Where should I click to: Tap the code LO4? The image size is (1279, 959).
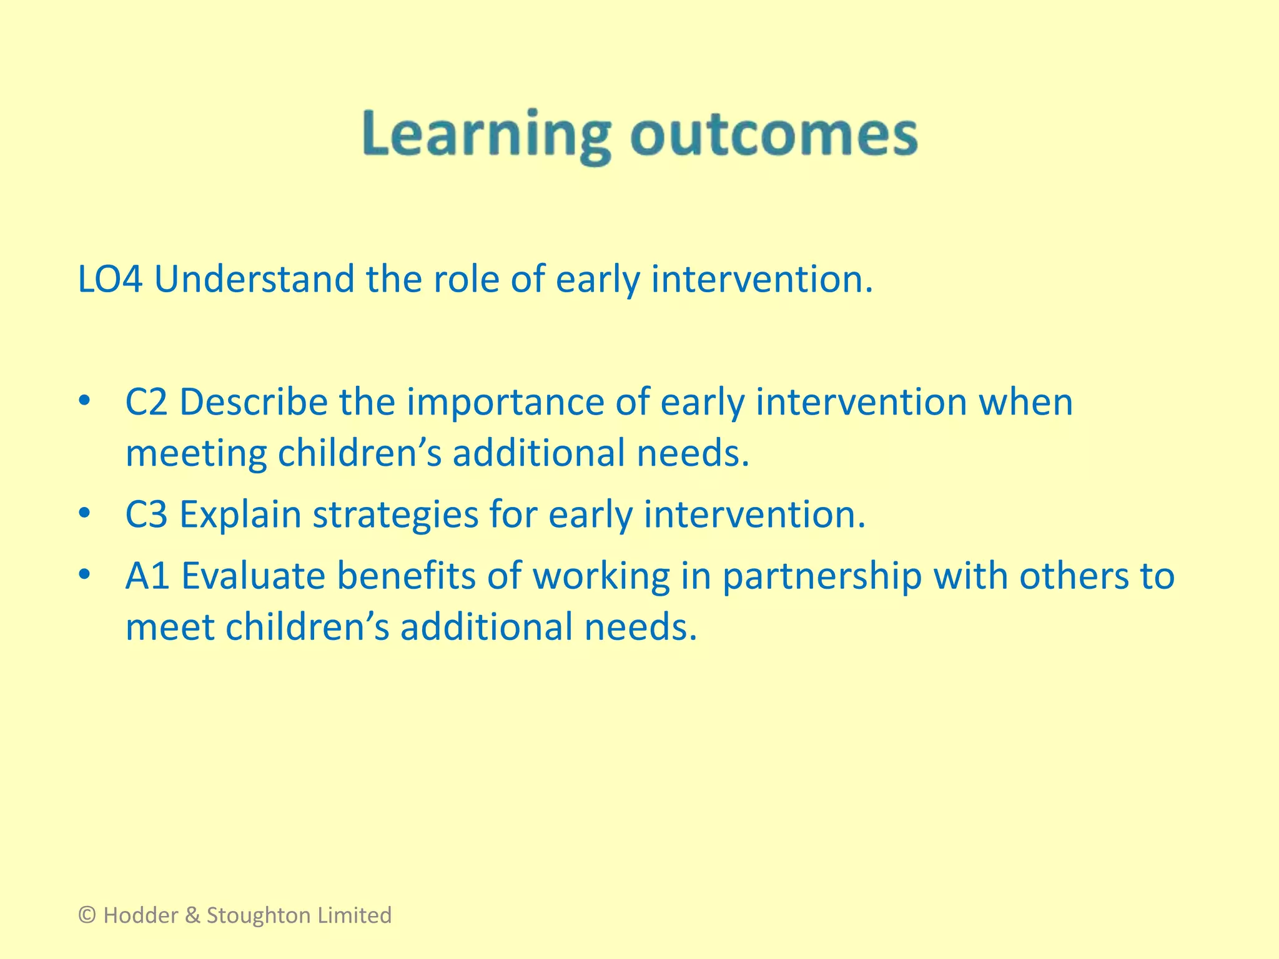pos(110,279)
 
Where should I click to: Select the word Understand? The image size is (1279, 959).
pos(254,279)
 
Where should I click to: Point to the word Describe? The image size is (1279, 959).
pos(254,402)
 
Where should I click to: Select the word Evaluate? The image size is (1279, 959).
pos(253,576)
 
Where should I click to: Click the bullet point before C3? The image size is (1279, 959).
pos(85,514)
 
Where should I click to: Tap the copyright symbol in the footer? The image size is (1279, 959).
pos(87,915)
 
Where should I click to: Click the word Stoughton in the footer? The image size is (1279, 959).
pos(257,915)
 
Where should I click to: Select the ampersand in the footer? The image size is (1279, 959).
pos(193,915)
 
